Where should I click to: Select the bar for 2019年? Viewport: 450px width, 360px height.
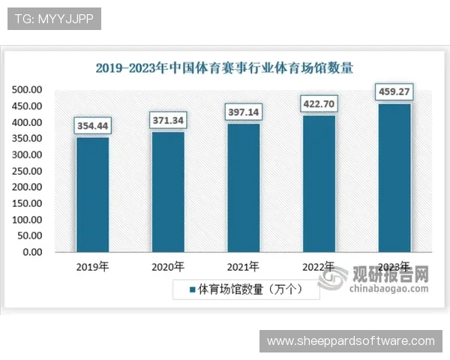[92, 194]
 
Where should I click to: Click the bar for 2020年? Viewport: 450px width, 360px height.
[168, 191]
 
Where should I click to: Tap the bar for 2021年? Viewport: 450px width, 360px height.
[243, 187]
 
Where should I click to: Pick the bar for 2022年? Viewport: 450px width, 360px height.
[319, 183]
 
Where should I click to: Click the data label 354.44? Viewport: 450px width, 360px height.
[92, 125]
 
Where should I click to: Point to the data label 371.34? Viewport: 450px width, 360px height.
[168, 120]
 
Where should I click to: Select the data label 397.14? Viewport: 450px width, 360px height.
[243, 112]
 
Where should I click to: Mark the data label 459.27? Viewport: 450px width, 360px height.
[394, 92]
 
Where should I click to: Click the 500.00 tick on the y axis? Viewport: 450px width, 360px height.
[26, 90]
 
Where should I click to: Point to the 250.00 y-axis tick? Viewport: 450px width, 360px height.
[26, 171]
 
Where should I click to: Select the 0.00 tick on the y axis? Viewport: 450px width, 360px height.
[31, 252]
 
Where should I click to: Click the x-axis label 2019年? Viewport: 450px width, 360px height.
[93, 266]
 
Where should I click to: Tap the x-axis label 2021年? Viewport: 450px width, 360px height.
[243, 266]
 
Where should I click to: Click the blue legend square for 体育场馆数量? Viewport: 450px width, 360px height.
[192, 289]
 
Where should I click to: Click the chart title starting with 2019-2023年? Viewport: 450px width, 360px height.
[224, 67]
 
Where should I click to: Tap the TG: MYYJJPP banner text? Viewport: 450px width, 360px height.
[53, 19]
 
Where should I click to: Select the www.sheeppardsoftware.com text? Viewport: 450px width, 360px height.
[351, 341]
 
